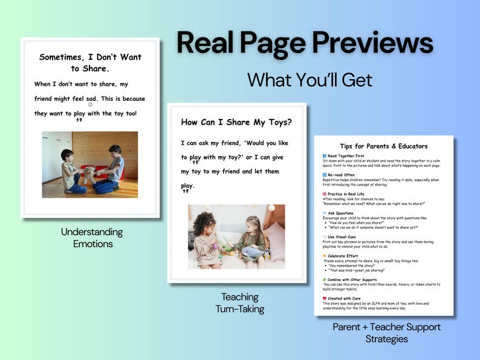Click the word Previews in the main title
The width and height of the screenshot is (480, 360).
(373, 43)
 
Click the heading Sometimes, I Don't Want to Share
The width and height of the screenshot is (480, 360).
(90, 62)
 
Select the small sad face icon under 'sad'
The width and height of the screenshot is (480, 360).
(90, 104)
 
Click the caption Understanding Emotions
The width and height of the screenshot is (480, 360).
(92, 238)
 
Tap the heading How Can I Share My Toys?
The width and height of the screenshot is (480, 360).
(236, 122)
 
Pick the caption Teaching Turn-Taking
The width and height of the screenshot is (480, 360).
(240, 303)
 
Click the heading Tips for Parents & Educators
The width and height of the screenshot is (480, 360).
(383, 146)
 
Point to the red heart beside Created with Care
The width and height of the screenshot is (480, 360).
(325, 298)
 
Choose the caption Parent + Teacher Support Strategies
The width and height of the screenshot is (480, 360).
(386, 333)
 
